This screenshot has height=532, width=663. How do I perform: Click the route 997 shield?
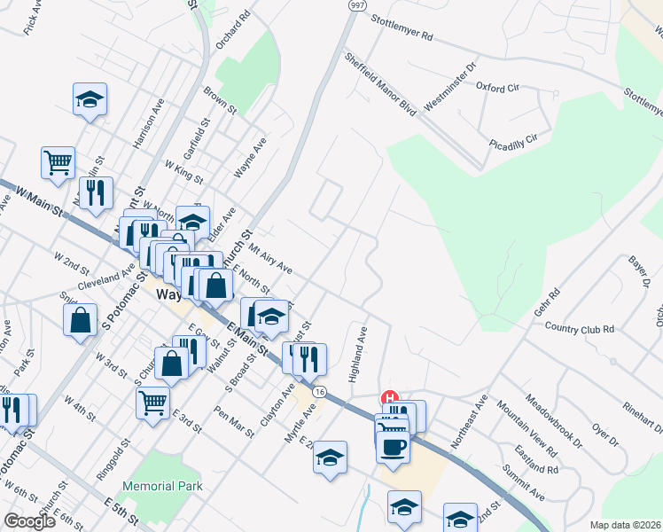(357, 5)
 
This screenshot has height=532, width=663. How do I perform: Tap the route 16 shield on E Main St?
(319, 392)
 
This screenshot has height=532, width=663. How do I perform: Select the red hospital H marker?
(387, 399)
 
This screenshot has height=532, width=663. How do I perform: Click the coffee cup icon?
(392, 445)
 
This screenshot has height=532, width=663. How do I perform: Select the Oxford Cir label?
(496, 88)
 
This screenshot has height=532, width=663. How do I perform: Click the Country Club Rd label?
(580, 328)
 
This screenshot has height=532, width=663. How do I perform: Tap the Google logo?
(29, 521)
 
